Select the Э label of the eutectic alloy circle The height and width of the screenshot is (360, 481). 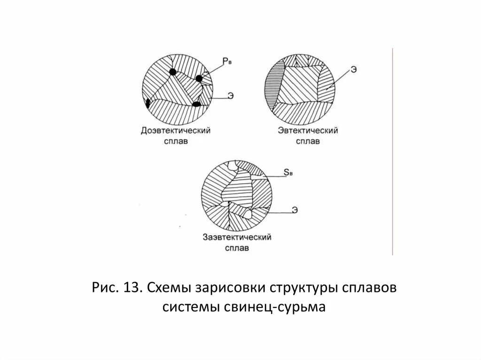(x=353, y=69)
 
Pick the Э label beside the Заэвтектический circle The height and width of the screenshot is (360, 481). (x=295, y=210)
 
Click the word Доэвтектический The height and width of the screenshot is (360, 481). (x=175, y=130)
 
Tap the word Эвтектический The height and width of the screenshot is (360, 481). (x=308, y=130)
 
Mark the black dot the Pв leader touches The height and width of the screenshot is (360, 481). (x=199, y=78)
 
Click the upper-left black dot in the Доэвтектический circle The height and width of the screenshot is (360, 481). (x=173, y=72)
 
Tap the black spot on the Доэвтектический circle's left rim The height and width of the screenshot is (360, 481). (x=148, y=103)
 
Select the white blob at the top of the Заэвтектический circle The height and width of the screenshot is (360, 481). (x=232, y=165)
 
